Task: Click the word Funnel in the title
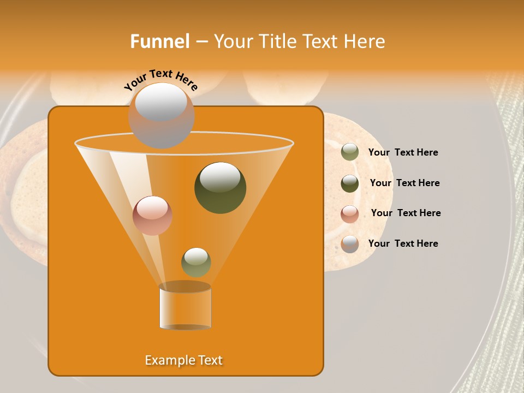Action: tap(160, 41)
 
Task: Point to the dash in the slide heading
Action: tap(201, 42)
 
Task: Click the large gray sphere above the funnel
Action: tap(161, 115)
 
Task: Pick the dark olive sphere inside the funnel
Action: tap(220, 188)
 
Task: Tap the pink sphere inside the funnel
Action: tap(153, 216)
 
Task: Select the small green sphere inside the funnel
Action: tap(196, 262)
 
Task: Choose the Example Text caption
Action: tap(184, 360)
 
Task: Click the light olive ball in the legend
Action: tap(350, 152)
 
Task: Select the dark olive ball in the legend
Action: tap(350, 183)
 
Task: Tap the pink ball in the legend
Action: tap(350, 214)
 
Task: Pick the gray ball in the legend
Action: tap(350, 244)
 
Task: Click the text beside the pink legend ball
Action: tap(406, 213)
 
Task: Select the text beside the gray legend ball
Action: tap(403, 243)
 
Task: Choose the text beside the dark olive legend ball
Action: tap(404, 183)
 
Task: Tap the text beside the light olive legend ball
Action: tap(403, 152)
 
